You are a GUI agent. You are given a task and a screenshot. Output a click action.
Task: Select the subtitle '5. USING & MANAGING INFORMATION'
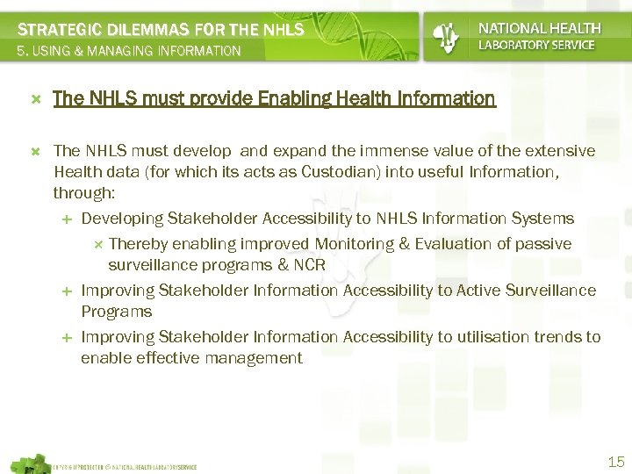[x=129, y=52]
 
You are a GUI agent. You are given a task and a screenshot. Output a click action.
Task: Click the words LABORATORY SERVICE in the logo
[x=536, y=45]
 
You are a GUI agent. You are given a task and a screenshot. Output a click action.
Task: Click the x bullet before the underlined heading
[x=36, y=99]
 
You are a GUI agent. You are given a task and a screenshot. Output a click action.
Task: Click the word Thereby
[x=138, y=243]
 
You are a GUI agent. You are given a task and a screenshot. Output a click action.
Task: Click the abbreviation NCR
[x=311, y=264]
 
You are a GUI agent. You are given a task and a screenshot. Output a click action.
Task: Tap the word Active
[x=479, y=290]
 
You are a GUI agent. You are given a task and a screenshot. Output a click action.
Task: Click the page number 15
[x=615, y=462]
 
